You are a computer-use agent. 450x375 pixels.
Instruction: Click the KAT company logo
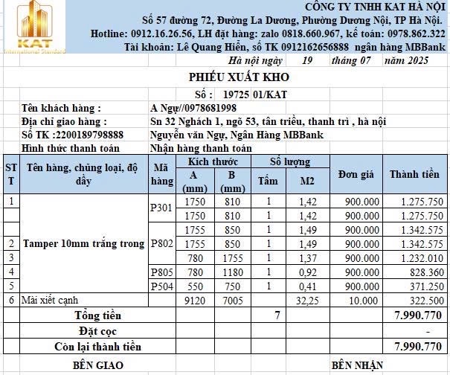pos(33,27)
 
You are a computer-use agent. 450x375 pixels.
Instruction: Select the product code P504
pos(161,286)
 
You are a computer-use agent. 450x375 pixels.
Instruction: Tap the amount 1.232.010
pos(420,257)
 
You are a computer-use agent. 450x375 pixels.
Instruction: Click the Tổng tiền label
pos(97,315)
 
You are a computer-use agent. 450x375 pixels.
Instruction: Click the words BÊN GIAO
pos(97,365)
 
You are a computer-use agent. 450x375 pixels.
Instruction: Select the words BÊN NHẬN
pos(357,365)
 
